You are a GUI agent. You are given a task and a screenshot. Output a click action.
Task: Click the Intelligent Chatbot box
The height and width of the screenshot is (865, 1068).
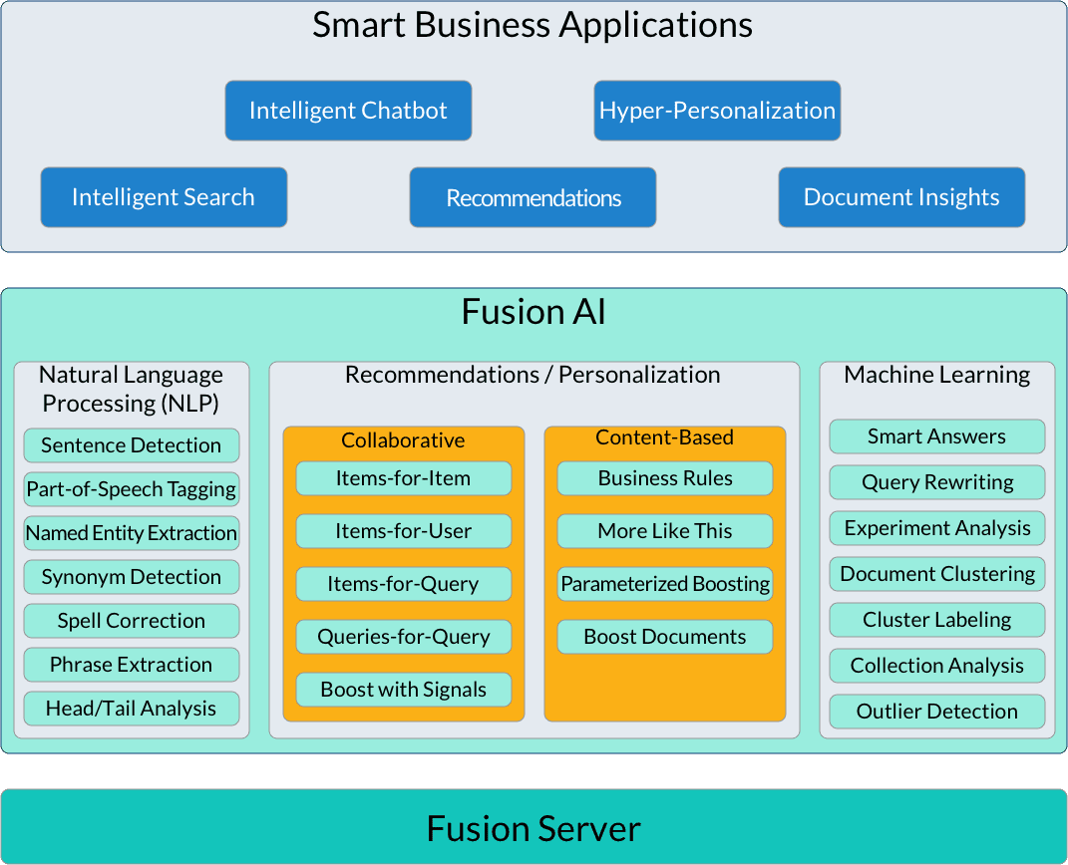pos(348,111)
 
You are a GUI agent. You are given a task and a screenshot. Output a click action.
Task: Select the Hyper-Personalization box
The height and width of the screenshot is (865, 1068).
pos(717,111)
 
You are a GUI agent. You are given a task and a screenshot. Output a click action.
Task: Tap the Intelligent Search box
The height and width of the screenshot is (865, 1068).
pos(164,197)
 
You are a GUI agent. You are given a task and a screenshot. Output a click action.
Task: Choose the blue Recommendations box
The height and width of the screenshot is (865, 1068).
pos(533,197)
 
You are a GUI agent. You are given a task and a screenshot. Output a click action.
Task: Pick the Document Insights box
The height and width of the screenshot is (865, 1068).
pos(901,197)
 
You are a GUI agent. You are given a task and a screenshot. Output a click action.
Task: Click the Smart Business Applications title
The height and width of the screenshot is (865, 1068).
pos(533,25)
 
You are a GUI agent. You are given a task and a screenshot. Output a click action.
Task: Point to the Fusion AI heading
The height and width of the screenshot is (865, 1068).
pos(534,312)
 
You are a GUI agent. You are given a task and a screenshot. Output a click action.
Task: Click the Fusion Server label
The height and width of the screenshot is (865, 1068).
pos(534,828)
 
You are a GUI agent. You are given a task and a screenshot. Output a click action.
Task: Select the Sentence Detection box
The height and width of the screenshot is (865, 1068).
pos(132,445)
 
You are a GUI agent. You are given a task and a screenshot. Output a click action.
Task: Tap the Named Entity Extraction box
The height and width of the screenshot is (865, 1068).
pos(132,533)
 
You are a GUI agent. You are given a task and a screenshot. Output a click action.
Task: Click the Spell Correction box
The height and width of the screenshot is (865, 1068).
pos(132,621)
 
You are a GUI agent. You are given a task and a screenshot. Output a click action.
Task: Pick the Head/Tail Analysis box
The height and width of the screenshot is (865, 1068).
pos(132,709)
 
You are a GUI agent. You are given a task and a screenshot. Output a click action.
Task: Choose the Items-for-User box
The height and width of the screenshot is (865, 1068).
pos(404,531)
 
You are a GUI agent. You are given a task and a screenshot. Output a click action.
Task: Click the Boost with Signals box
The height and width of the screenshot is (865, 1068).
pos(404,690)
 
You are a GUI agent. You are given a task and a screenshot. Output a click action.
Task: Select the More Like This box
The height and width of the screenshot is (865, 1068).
pos(665,531)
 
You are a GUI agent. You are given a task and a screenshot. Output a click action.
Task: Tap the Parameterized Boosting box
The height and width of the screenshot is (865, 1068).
pos(665,584)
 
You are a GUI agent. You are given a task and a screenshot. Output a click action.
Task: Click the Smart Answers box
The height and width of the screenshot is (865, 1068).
pos(937,436)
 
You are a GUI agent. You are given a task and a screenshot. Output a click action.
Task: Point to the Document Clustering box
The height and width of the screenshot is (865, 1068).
pos(937,574)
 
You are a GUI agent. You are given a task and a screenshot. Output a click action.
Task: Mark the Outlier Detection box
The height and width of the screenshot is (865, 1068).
pos(937,712)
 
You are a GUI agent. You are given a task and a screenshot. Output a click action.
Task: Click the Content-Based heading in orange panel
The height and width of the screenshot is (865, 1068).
pos(664,437)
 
